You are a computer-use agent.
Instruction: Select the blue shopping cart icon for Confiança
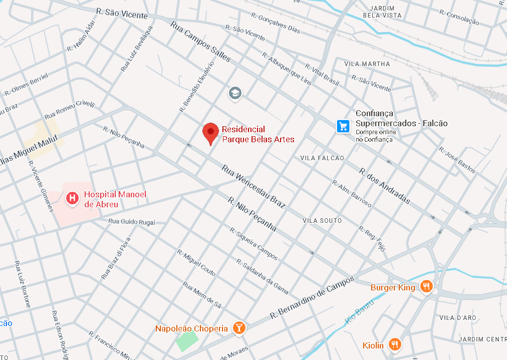point(343,126)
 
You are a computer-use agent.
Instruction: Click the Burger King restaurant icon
point(426,286)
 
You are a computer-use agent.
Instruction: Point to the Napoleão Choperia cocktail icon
point(239,328)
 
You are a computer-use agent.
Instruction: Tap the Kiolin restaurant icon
point(395,344)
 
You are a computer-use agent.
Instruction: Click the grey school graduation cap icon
point(234,93)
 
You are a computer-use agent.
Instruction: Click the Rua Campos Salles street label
point(200,42)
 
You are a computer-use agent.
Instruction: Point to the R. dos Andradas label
point(384,186)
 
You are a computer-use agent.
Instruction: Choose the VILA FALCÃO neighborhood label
point(322,158)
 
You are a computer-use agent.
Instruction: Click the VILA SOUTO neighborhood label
point(322,221)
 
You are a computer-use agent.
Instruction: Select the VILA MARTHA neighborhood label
point(367,64)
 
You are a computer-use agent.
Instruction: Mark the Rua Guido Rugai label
point(132,222)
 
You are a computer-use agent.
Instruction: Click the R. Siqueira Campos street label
point(253,244)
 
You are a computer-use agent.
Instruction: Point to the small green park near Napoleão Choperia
point(186,341)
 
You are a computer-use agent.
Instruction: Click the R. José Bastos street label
point(457,160)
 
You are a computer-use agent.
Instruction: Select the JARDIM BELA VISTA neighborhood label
point(385,12)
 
